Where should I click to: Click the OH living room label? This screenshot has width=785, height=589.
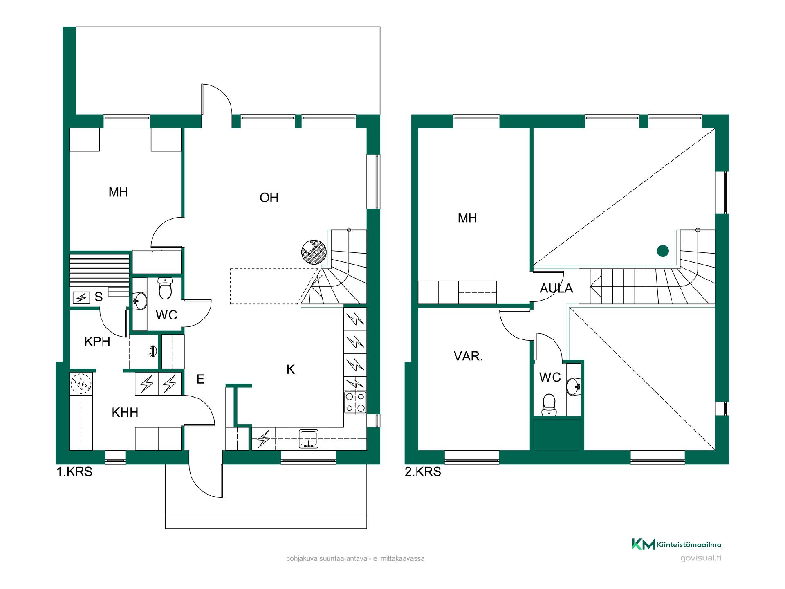(269, 198)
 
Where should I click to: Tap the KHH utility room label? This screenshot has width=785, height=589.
(125, 412)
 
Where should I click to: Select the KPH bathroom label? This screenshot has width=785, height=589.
(97, 342)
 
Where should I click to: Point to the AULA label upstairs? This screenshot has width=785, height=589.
(556, 288)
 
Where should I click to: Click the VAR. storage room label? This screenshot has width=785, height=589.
(469, 356)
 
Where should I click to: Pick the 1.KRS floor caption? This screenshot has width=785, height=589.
(74, 472)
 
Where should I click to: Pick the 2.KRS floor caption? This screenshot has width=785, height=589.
(423, 472)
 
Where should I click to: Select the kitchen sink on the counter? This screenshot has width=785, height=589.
(309, 438)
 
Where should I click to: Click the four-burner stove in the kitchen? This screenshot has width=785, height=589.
(355, 402)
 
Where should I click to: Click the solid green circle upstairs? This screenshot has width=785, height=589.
(663, 251)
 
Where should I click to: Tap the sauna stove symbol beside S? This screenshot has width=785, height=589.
(81, 298)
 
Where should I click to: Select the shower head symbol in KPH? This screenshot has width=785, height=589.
(153, 351)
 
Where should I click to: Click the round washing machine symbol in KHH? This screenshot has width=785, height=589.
(81, 384)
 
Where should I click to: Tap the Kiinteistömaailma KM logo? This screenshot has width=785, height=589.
(643, 544)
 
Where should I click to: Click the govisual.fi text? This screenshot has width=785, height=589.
(701, 558)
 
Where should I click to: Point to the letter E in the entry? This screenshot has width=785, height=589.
(200, 380)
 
